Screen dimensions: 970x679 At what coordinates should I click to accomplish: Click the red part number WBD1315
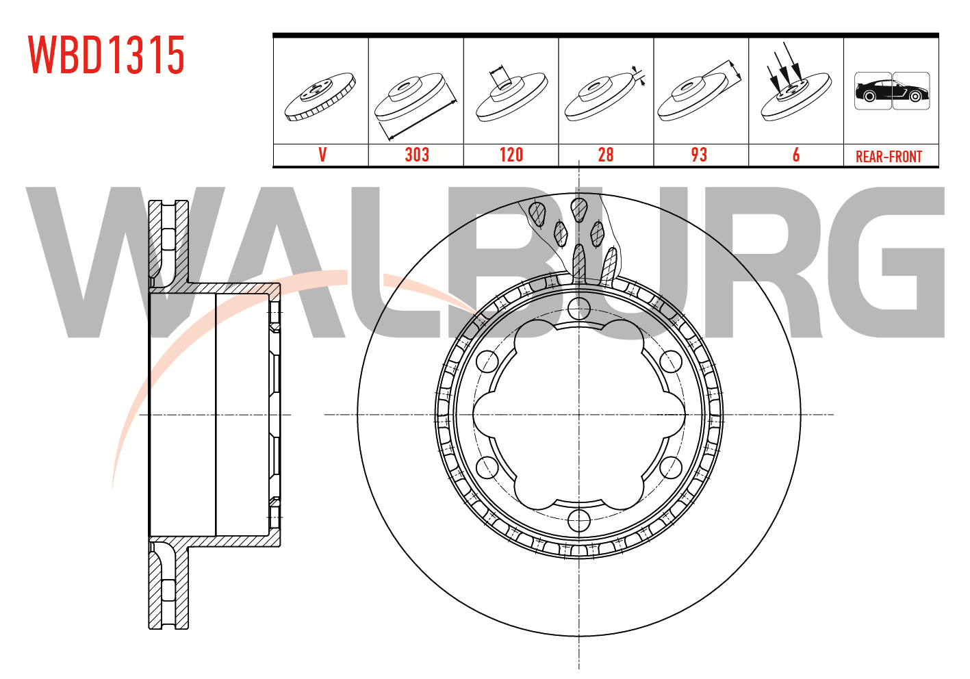(x=107, y=55)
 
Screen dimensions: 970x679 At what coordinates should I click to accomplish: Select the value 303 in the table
(x=417, y=155)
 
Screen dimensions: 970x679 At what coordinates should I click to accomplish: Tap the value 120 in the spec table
(x=511, y=155)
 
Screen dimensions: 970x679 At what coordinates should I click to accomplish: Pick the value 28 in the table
(x=606, y=155)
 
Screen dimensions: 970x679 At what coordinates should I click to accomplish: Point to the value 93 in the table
(x=700, y=155)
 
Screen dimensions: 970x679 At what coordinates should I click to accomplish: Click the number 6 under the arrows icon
(x=796, y=155)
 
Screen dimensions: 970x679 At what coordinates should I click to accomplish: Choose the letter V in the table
(x=322, y=155)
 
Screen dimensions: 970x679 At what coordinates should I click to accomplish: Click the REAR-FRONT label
(x=889, y=156)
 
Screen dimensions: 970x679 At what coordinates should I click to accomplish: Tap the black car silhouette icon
(x=892, y=91)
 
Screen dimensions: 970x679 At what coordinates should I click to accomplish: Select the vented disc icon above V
(x=320, y=97)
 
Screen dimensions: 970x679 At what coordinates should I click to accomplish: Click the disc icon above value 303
(x=416, y=104)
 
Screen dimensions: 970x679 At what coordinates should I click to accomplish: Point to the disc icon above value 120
(x=511, y=94)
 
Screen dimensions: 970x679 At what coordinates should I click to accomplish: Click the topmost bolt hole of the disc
(x=578, y=309)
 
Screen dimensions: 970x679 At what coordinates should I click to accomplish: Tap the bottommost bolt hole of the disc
(x=578, y=520)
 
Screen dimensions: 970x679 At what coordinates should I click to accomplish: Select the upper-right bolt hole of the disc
(x=671, y=362)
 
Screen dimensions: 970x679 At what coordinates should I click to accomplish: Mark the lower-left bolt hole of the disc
(x=487, y=467)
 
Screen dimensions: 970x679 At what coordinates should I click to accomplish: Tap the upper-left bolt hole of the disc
(x=487, y=362)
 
